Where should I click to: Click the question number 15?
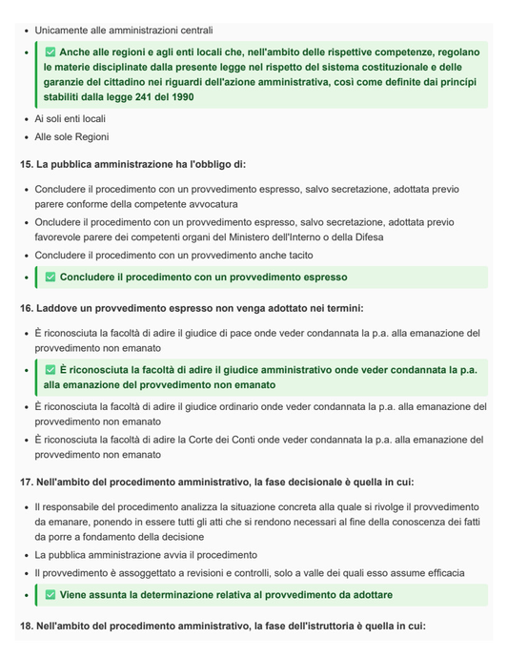pyautogui.click(x=26, y=165)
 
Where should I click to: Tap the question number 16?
pyautogui.click(x=26, y=308)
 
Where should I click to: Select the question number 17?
pyautogui.click(x=26, y=483)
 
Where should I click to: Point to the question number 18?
pyautogui.click(x=26, y=626)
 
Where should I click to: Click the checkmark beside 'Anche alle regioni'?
pyautogui.click(x=51, y=51)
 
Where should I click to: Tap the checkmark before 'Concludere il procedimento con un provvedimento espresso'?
pyautogui.click(x=51, y=278)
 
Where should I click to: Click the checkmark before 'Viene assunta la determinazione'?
pyautogui.click(x=51, y=595)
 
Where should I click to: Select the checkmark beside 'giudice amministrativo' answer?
pyautogui.click(x=51, y=369)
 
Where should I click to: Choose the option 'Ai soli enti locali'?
pyautogui.click(x=71, y=119)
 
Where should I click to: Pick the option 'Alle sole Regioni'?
pyautogui.click(x=72, y=137)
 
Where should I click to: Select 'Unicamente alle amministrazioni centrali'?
pyautogui.click(x=124, y=31)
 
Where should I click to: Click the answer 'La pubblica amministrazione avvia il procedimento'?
pyautogui.click(x=146, y=554)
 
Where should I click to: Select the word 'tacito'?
pyautogui.click(x=295, y=255)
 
